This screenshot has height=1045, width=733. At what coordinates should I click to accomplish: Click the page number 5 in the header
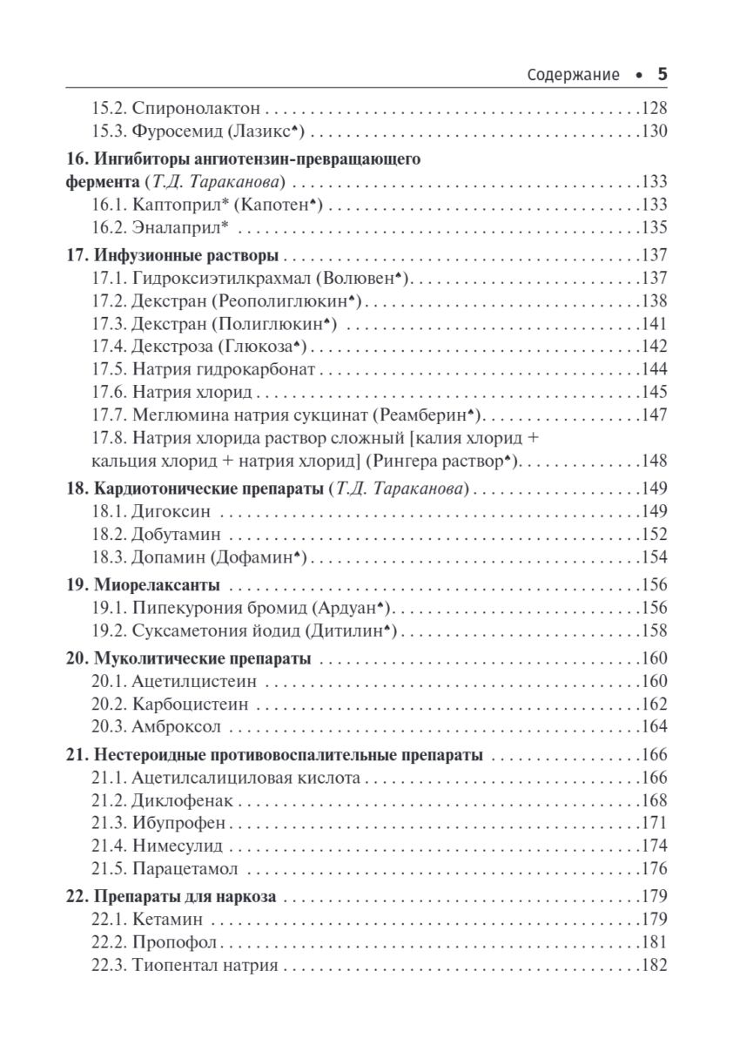pos(661,75)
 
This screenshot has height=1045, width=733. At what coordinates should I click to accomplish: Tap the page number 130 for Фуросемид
pos(653,132)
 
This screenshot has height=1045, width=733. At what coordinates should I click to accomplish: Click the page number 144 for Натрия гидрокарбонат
pos(653,369)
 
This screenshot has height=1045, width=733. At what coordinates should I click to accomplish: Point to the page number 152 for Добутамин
pos(653,533)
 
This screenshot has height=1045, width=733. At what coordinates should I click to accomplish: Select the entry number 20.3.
pos(109,726)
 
